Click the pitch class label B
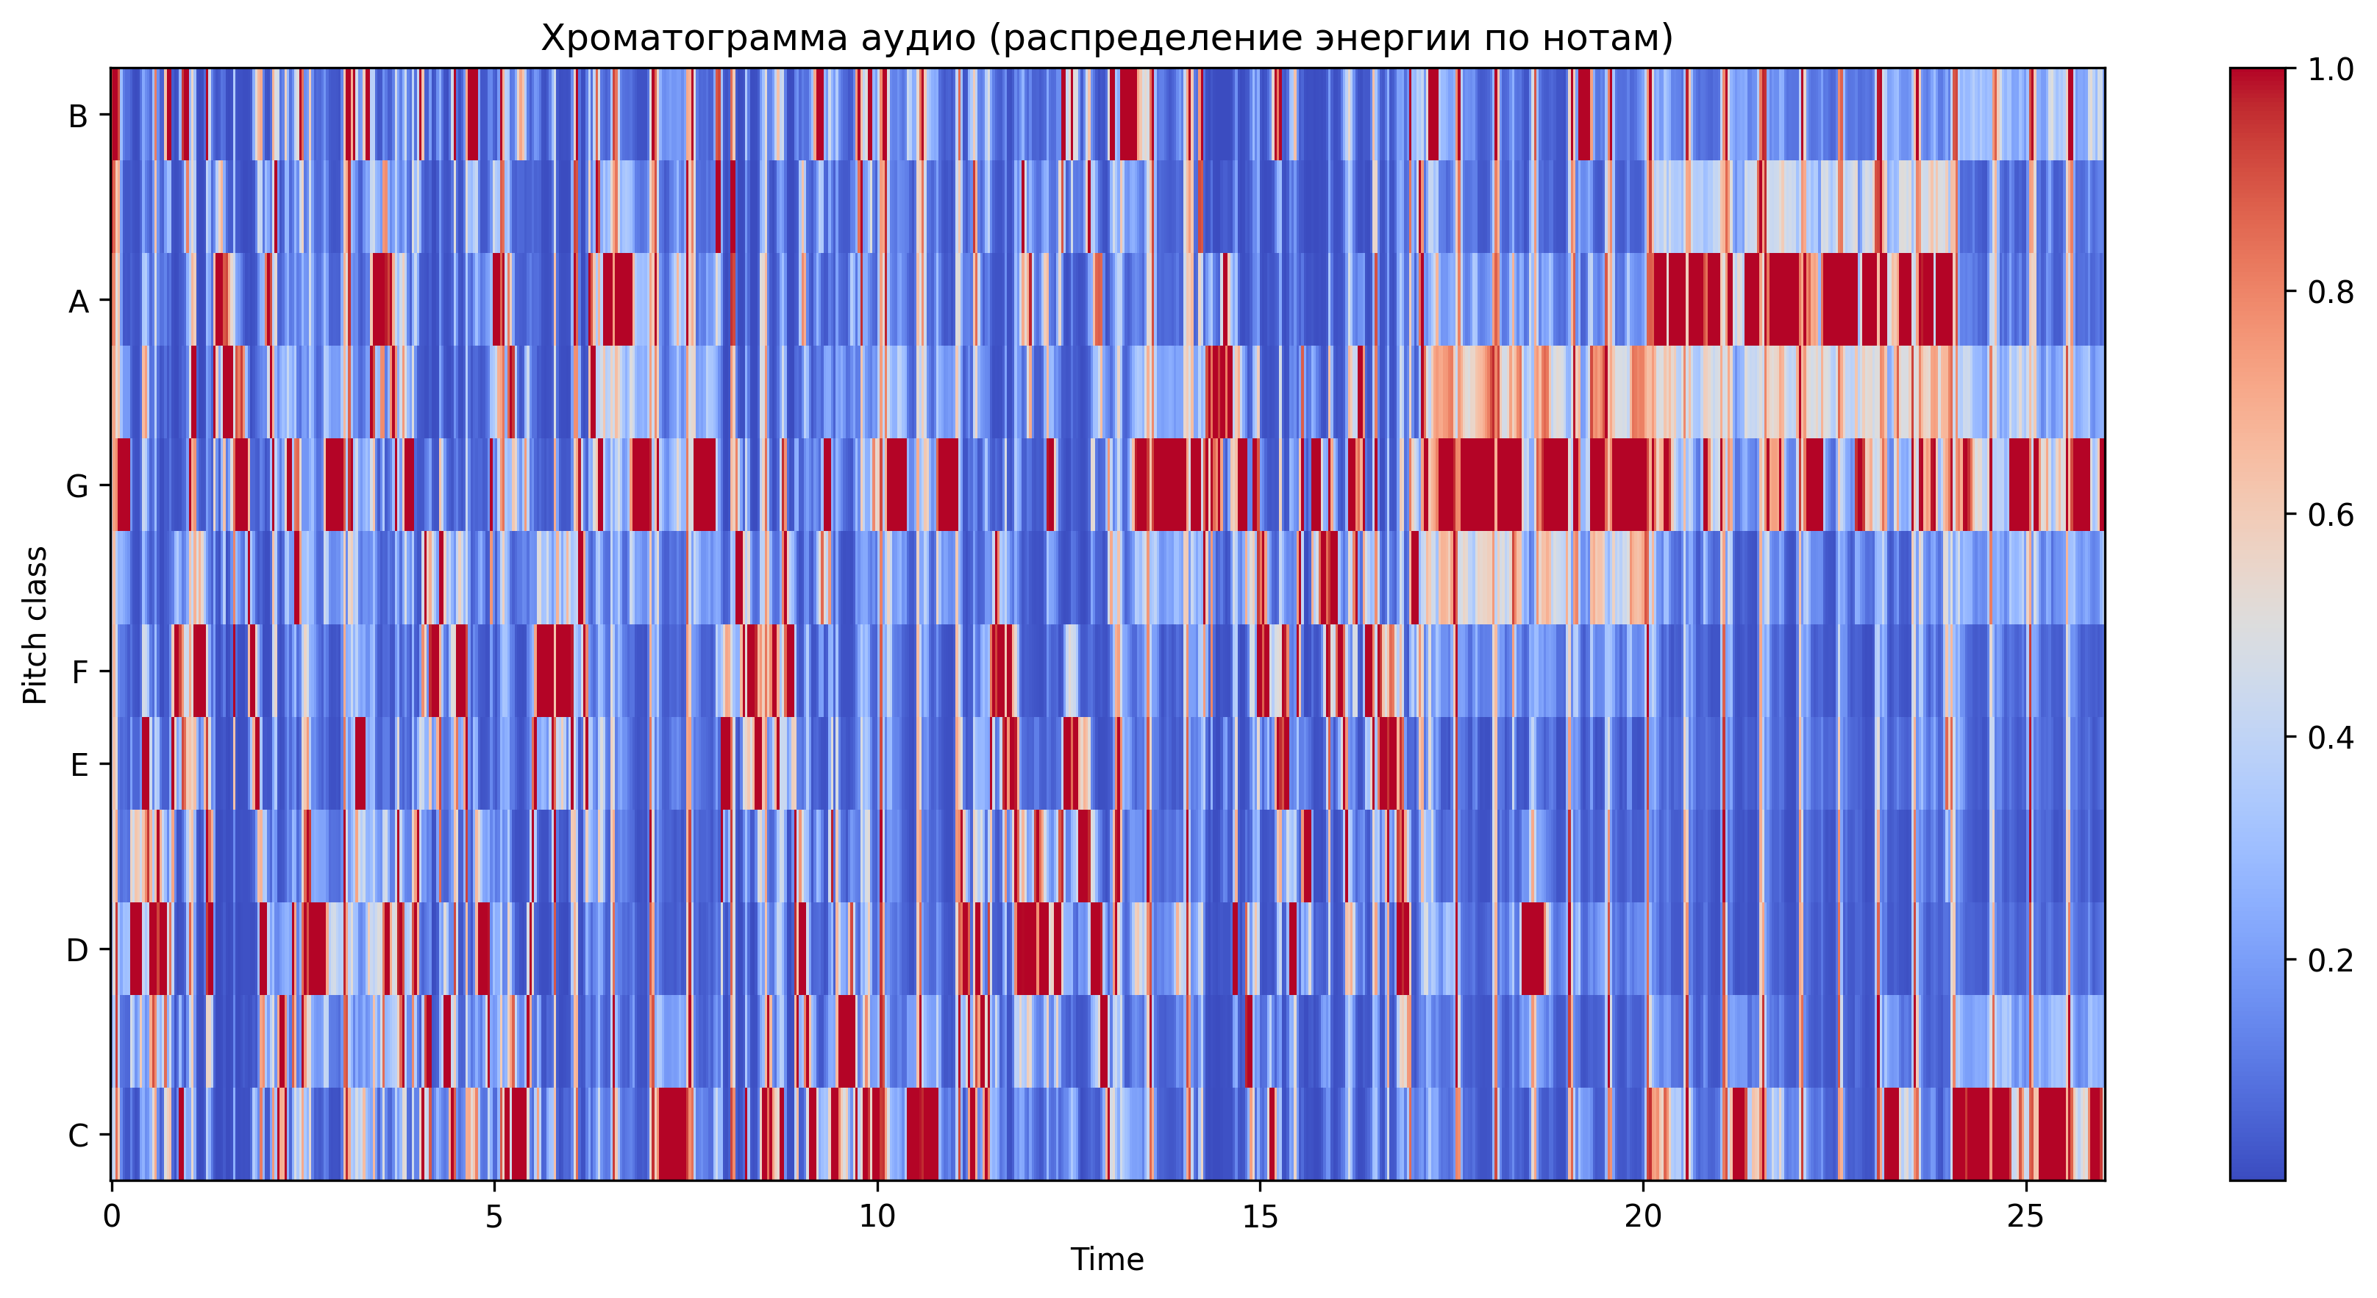(x=79, y=116)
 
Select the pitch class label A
(x=79, y=302)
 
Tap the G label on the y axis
(x=77, y=486)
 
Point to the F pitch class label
(x=79, y=671)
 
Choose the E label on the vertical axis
(x=79, y=765)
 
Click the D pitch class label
(x=77, y=950)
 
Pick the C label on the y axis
(x=79, y=1135)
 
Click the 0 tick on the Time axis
(x=112, y=1216)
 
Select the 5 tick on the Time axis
(x=494, y=1216)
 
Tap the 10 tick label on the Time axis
(x=877, y=1216)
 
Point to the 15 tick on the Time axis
(x=1261, y=1216)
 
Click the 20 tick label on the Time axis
(x=1644, y=1216)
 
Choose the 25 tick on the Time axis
(x=2026, y=1216)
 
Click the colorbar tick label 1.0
(x=2330, y=70)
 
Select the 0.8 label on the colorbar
(x=2330, y=293)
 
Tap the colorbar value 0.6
(x=2330, y=515)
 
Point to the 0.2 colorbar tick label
(x=2330, y=960)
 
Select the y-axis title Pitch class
(x=35, y=624)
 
